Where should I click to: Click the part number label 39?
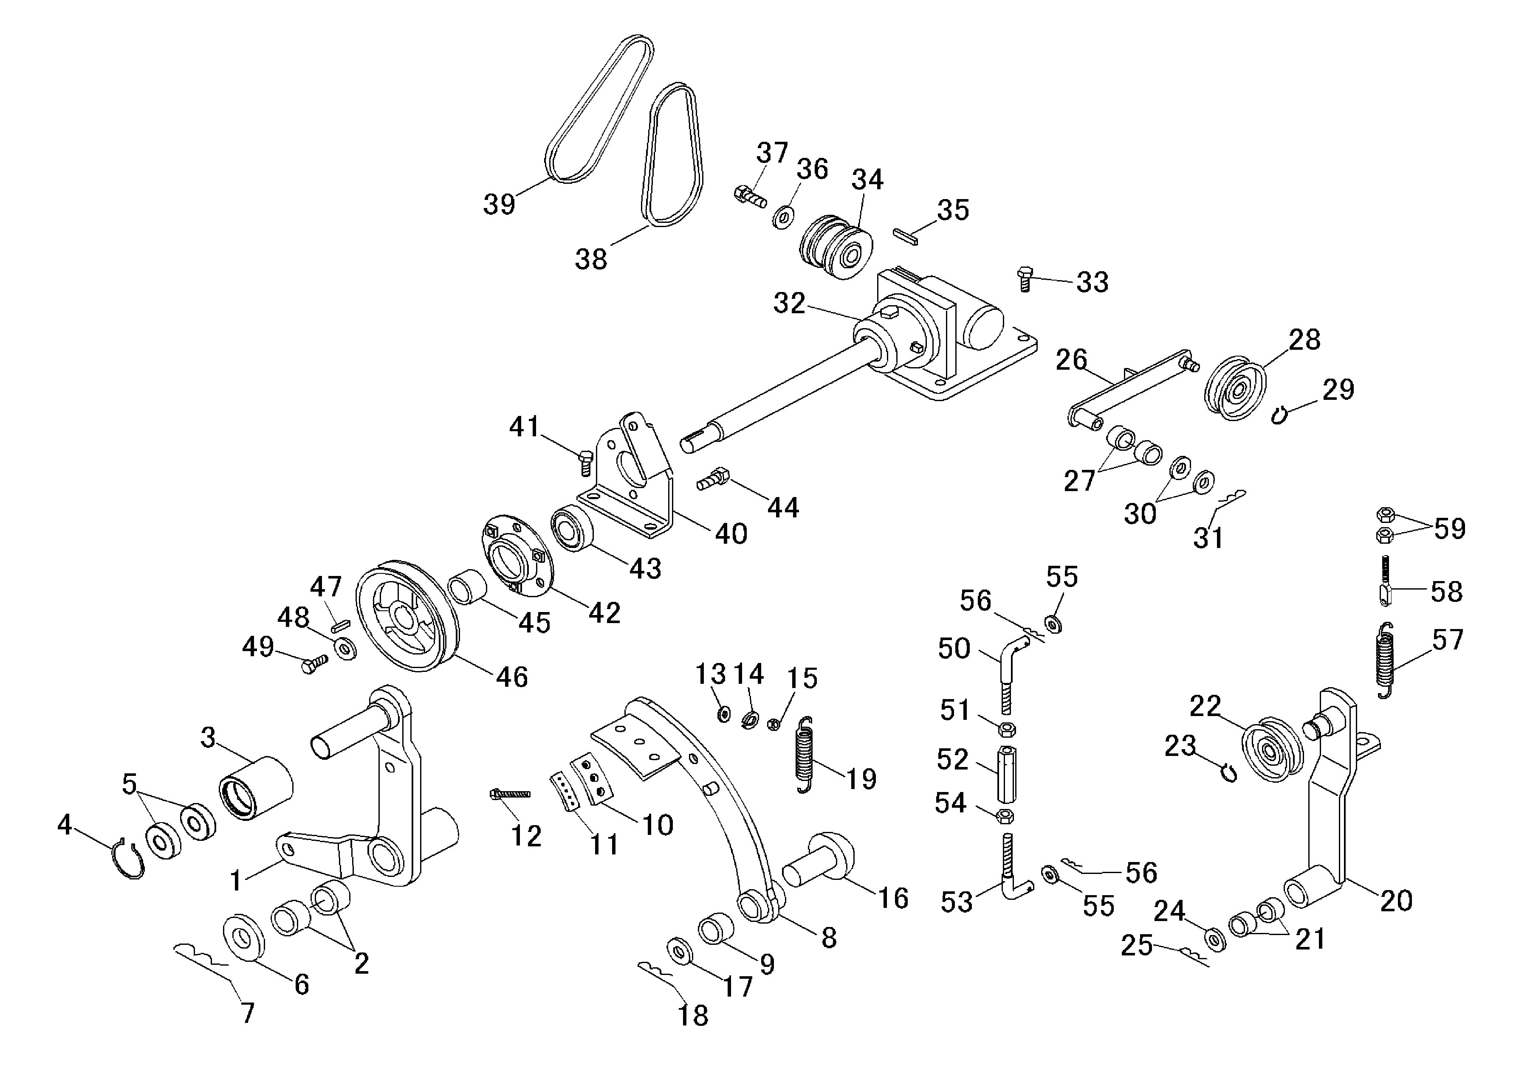click(499, 204)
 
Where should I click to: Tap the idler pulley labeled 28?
click(1234, 388)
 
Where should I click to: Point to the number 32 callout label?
click(789, 303)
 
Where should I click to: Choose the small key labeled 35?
click(904, 236)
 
